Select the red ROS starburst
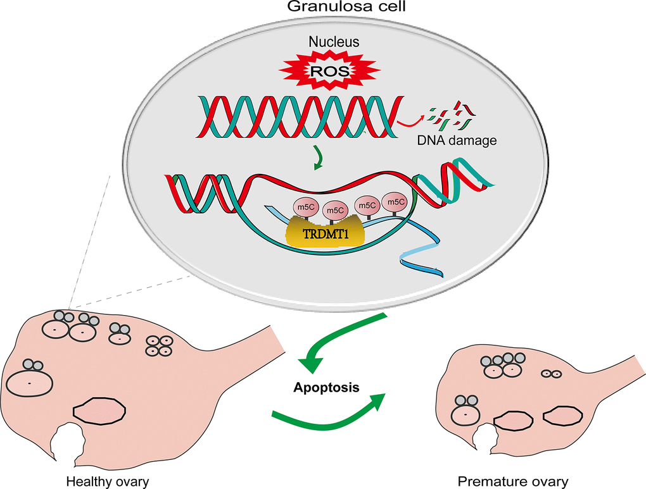[328, 71]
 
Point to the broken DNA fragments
[450, 116]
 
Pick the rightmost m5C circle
[395, 202]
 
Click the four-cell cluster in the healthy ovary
[160, 346]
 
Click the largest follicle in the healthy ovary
[30, 384]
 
